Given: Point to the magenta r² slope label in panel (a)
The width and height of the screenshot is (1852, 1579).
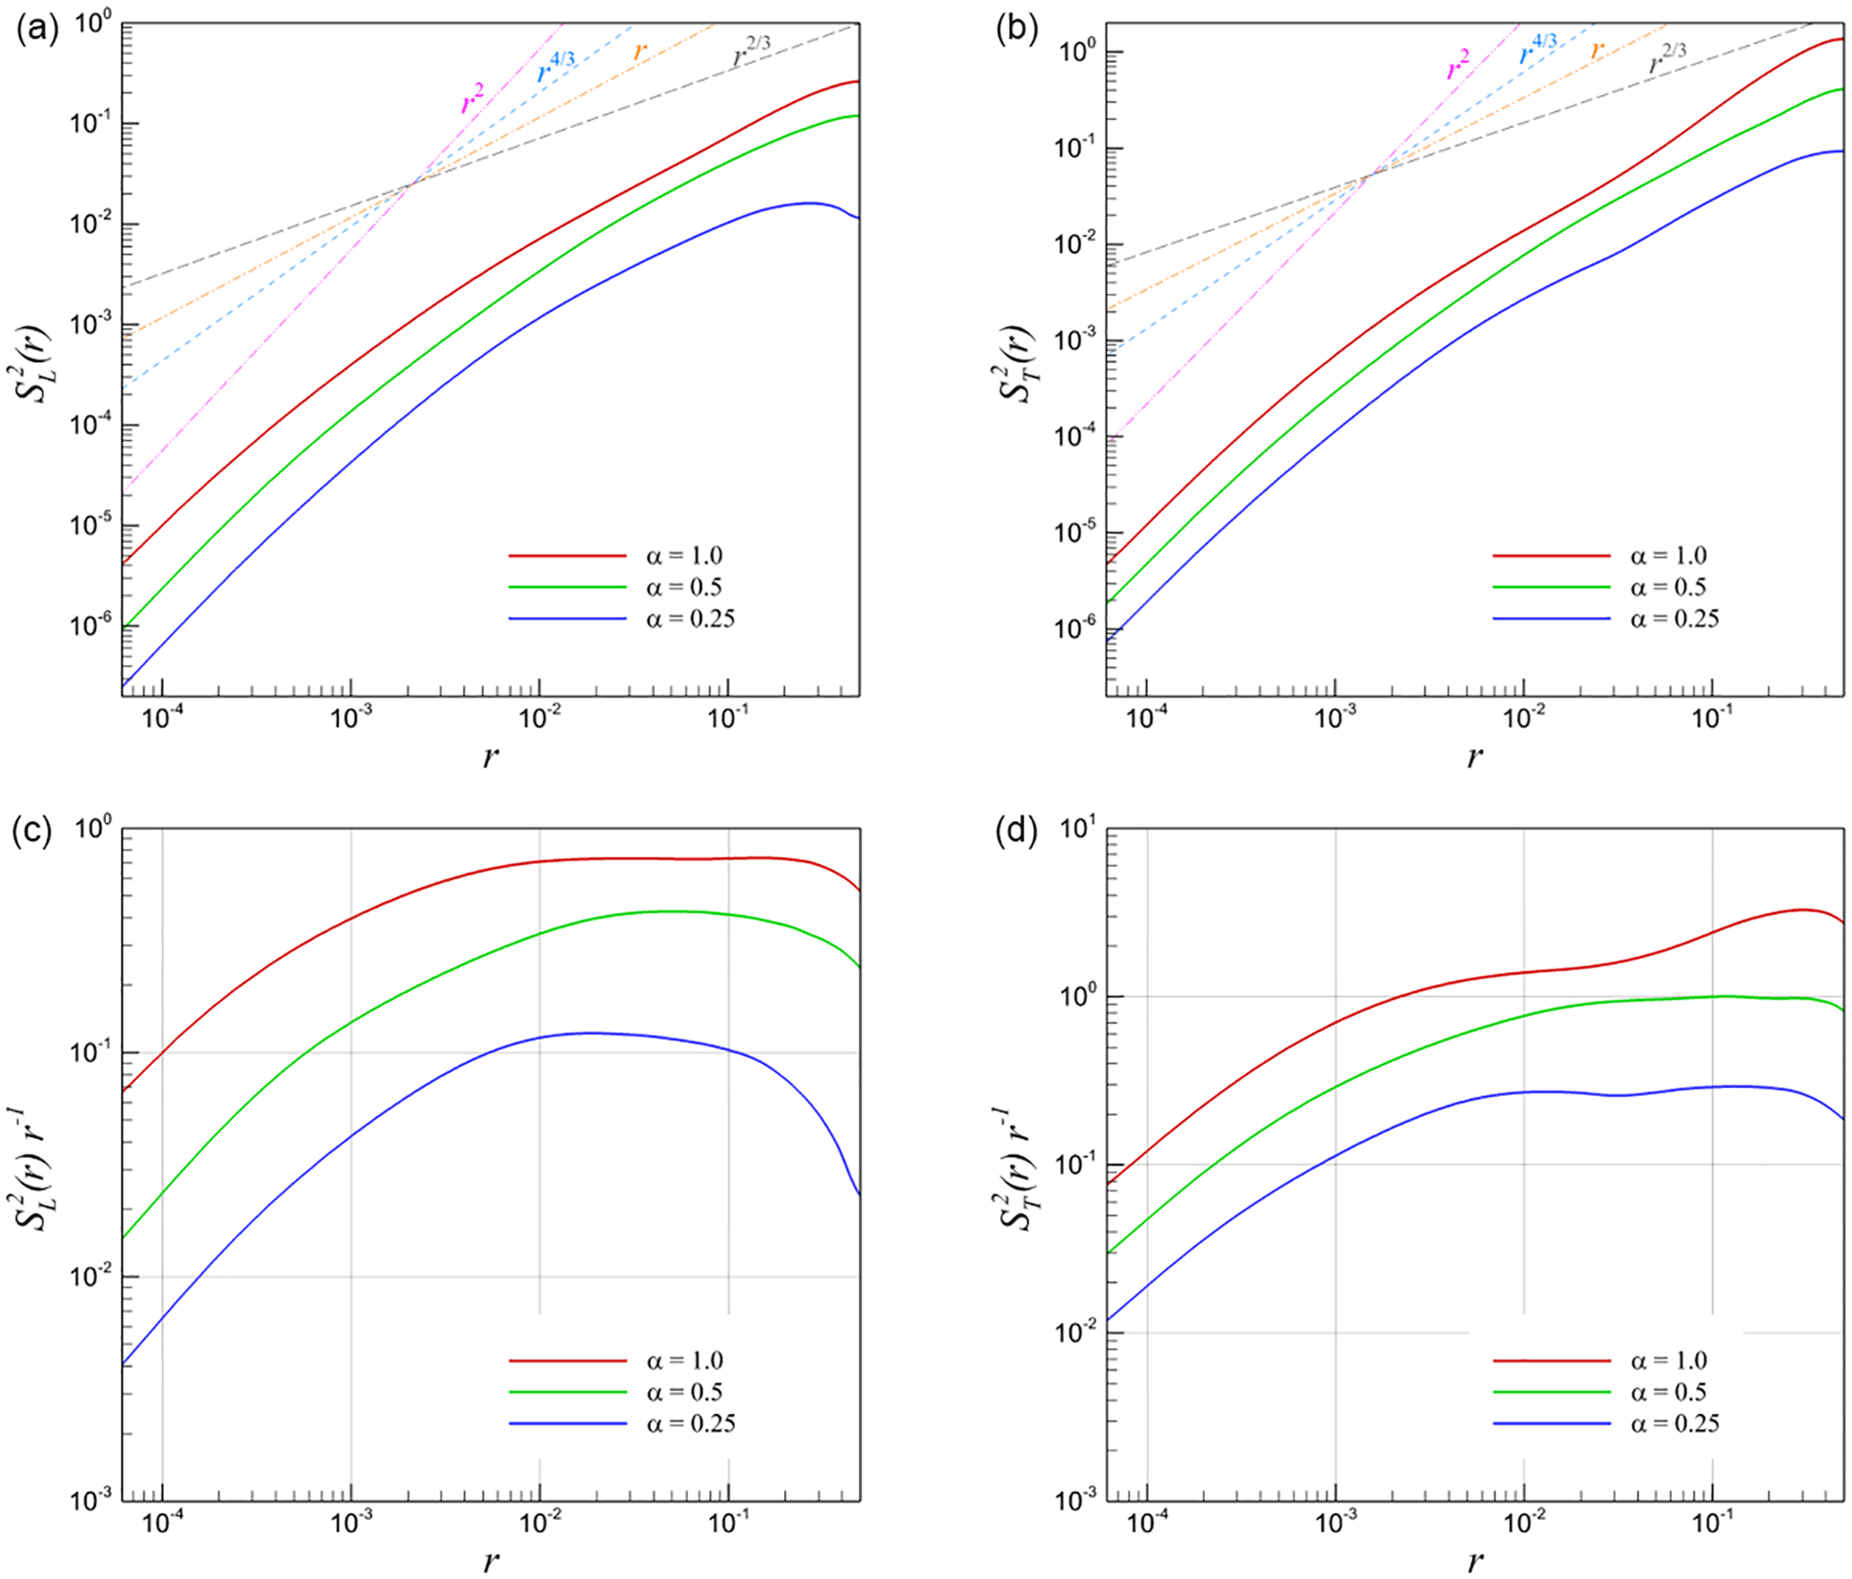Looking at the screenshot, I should [472, 100].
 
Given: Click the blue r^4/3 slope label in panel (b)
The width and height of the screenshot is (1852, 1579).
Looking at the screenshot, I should [1538, 49].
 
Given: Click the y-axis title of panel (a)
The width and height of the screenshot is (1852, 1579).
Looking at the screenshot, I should [37, 361].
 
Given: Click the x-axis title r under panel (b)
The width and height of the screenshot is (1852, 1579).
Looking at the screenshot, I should [1474, 758].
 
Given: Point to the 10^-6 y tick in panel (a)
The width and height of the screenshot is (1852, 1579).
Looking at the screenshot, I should [89, 625].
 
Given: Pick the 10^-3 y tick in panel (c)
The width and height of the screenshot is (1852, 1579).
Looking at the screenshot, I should [89, 1499].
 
